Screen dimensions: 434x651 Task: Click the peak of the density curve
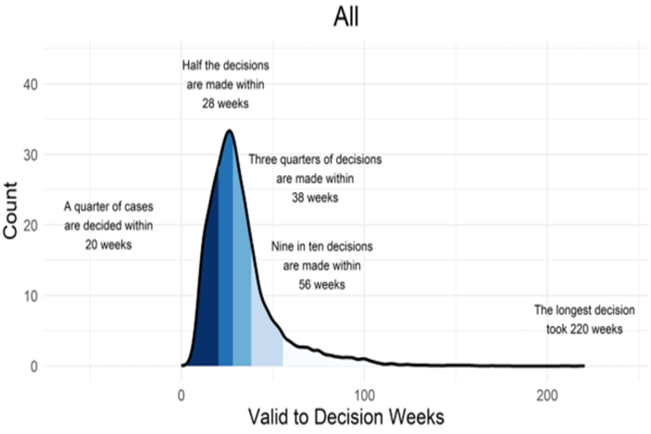coord(229,130)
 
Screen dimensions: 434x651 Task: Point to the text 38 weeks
coord(315,198)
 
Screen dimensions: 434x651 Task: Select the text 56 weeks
coord(321,285)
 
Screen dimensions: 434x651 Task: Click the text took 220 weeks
coord(584,330)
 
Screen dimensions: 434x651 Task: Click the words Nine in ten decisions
coord(321,247)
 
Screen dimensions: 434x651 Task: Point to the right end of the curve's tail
coord(583,366)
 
